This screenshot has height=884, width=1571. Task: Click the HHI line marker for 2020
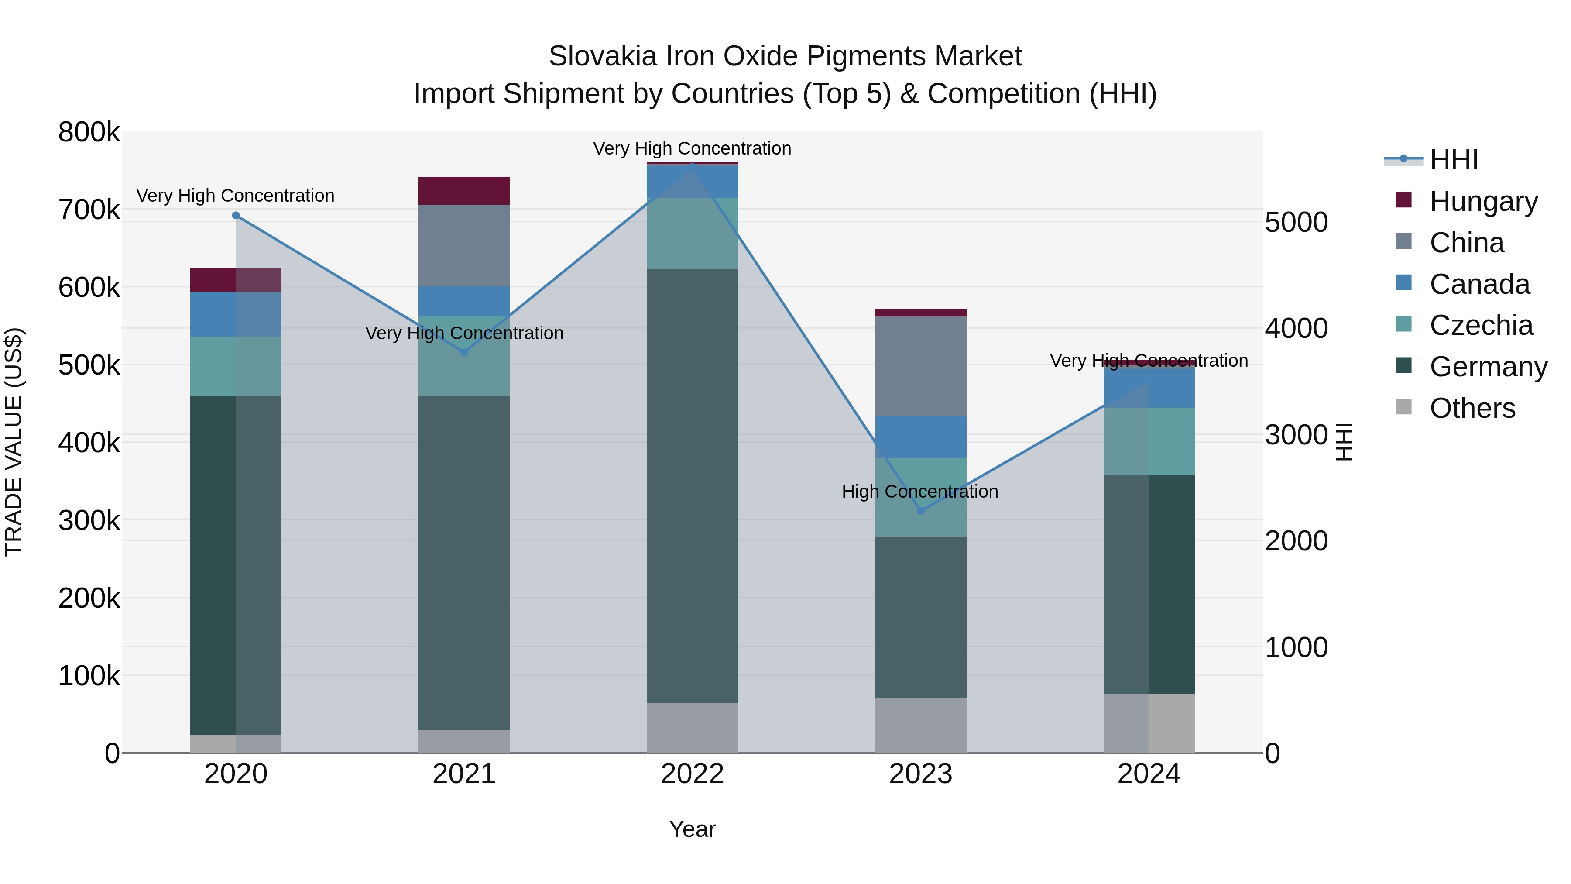(236, 215)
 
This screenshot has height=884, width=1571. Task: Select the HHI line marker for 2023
(921, 511)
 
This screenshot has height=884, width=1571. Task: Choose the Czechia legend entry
(1480, 325)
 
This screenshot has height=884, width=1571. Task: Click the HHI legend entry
(1453, 160)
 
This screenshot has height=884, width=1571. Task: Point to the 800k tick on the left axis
(89, 132)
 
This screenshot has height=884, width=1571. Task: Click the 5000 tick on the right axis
(1296, 222)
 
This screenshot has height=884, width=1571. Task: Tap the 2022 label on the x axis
(692, 774)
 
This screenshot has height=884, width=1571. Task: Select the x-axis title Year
(692, 829)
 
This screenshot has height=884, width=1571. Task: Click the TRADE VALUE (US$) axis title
(14, 442)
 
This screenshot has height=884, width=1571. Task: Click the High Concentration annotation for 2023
(919, 492)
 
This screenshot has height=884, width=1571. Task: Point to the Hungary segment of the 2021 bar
(464, 191)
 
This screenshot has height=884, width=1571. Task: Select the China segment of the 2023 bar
(921, 366)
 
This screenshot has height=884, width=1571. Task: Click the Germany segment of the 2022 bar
(692, 485)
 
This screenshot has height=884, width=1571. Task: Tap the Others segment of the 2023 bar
(921, 726)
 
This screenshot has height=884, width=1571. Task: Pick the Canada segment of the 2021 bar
(464, 301)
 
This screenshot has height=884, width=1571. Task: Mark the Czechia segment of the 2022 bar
(692, 233)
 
